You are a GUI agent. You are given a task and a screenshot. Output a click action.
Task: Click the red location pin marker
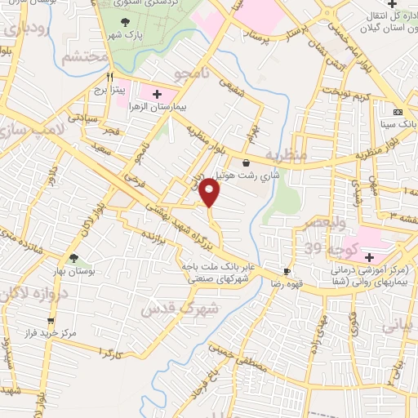[210, 193]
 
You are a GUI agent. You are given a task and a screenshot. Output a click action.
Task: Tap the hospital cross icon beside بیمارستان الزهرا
[158, 95]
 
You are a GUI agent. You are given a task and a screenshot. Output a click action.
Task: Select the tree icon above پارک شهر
[124, 23]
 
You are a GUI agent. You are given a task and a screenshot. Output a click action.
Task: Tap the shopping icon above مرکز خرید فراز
[51, 321]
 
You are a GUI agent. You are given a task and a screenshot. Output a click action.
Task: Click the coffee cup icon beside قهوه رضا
[287, 271]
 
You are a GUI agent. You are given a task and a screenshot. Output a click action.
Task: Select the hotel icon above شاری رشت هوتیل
[246, 162]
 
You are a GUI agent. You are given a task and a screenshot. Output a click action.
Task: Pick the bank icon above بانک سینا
[398, 112]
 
